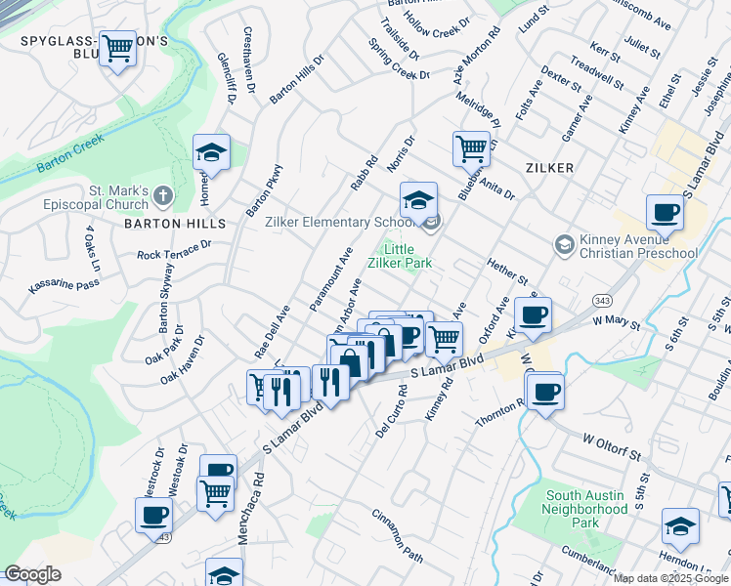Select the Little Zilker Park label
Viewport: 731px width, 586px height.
(400, 256)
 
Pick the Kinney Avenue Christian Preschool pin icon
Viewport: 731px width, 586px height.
(563, 243)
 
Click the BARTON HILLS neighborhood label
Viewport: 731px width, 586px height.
(168, 223)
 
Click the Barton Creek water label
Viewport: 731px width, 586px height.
(70, 159)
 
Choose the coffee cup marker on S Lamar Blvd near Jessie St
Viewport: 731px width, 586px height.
(666, 211)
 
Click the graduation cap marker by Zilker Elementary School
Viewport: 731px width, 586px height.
(418, 199)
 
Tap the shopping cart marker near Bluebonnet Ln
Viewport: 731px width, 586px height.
(471, 147)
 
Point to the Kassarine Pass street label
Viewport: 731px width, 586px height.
(64, 284)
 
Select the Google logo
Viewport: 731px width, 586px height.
(32, 574)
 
